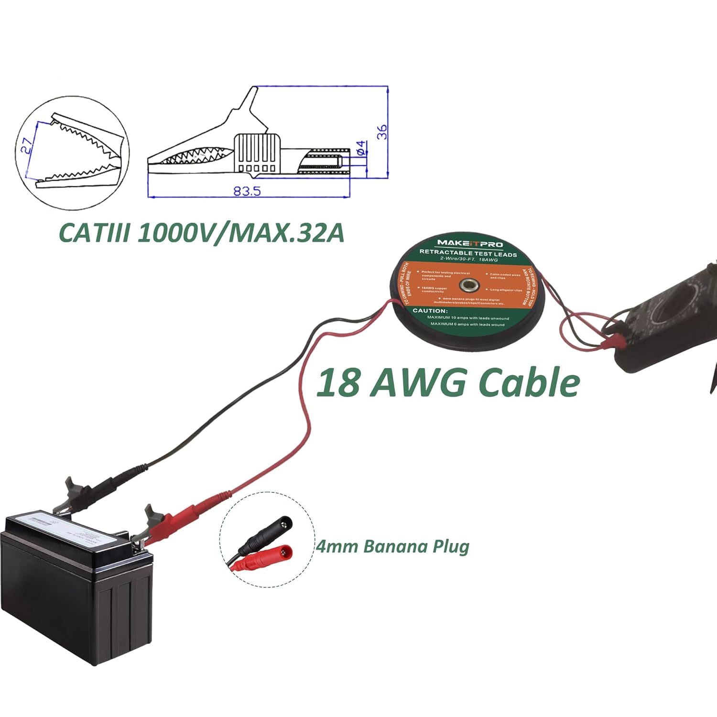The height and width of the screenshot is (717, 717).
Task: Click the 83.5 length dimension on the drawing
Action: pos(247,191)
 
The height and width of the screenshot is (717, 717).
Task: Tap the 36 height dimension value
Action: pos(382,132)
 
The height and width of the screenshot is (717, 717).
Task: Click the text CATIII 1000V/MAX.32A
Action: pos(201,233)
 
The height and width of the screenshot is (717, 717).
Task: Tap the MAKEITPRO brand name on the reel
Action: pos(470,243)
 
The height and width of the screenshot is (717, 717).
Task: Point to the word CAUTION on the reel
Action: pos(430,311)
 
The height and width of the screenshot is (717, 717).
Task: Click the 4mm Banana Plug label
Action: pos(392,546)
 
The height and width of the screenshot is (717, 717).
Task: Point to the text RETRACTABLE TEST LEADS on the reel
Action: pos(468,253)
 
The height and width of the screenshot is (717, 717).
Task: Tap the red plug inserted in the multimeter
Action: pos(618,341)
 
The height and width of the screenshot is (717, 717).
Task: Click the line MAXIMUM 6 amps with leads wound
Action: pos(467,324)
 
